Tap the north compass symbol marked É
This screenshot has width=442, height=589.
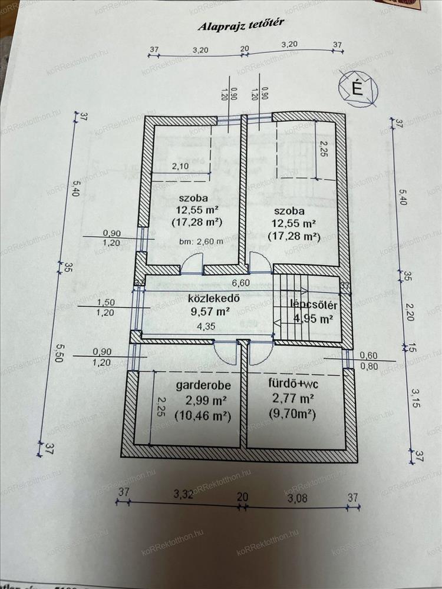pyautogui.click(x=356, y=88)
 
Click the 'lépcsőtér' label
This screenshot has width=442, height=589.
pyautogui.click(x=313, y=305)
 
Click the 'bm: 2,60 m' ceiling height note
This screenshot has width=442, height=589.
pyautogui.click(x=201, y=240)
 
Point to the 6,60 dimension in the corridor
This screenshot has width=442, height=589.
pyautogui.click(x=240, y=283)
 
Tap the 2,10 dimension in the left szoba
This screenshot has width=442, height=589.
pyautogui.click(x=181, y=167)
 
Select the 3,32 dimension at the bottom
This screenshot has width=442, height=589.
pyautogui.click(x=184, y=494)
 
